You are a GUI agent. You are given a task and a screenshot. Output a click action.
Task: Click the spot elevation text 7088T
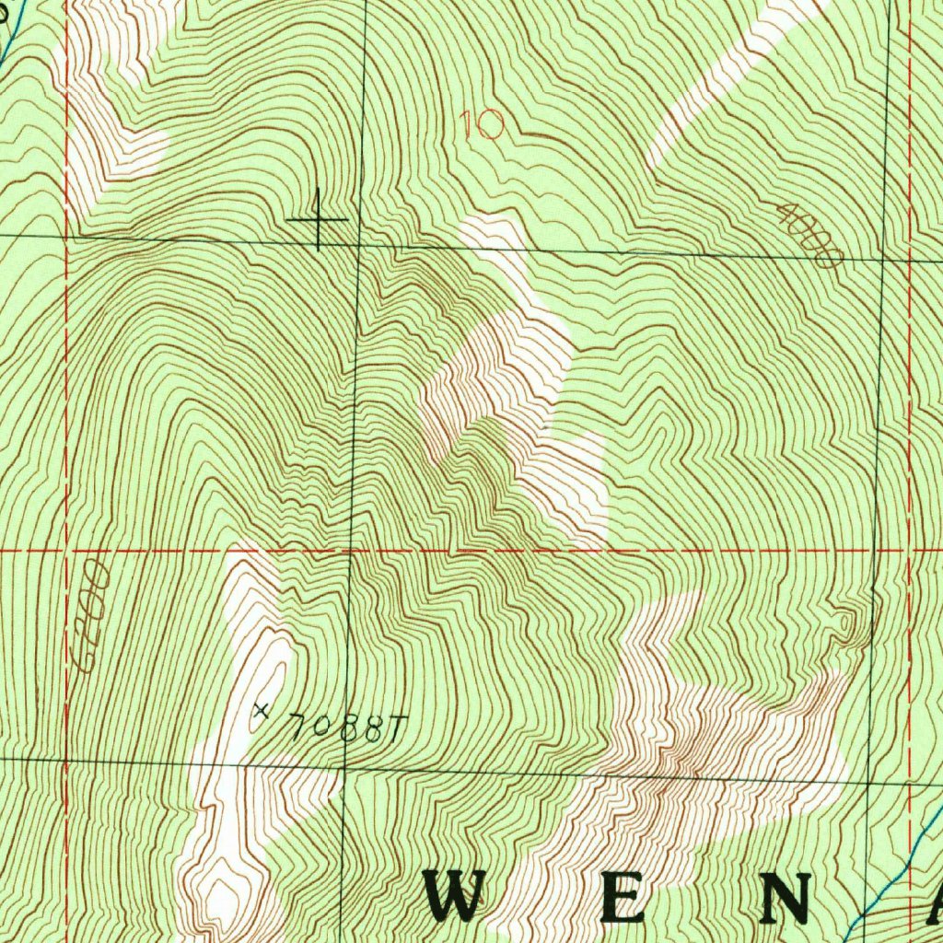(341, 728)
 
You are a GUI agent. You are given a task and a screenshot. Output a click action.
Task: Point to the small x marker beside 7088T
(261, 710)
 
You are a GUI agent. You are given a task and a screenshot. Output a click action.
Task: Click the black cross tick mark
(318, 219)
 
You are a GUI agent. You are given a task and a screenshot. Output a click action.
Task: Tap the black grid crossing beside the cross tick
(358, 244)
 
